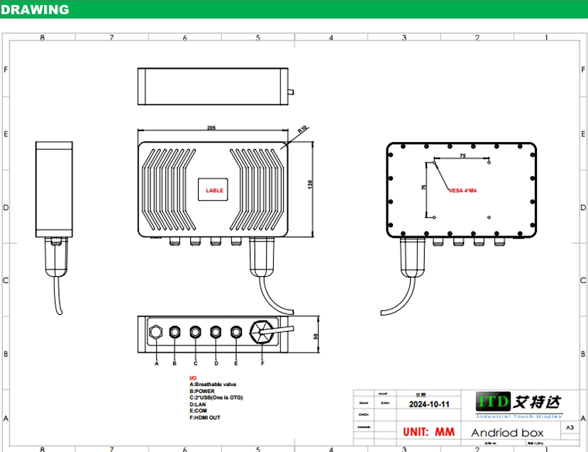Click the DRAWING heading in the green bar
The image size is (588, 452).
(x=35, y=9)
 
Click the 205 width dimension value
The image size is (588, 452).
(x=211, y=128)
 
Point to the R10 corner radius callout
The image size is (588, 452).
(x=302, y=129)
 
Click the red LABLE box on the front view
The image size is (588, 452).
(x=214, y=190)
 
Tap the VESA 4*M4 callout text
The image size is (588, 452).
(x=462, y=190)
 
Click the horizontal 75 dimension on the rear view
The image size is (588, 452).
(x=462, y=155)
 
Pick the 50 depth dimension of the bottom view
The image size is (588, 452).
(x=316, y=336)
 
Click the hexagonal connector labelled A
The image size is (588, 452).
(x=156, y=331)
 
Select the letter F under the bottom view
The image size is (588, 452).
(x=262, y=364)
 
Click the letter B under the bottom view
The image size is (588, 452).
(x=174, y=364)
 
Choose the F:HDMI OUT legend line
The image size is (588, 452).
(x=205, y=418)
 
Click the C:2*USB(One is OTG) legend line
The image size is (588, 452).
(x=216, y=397)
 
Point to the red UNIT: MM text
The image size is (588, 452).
(x=429, y=431)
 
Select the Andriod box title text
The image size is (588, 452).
(x=507, y=432)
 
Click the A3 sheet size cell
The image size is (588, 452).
(x=570, y=428)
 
